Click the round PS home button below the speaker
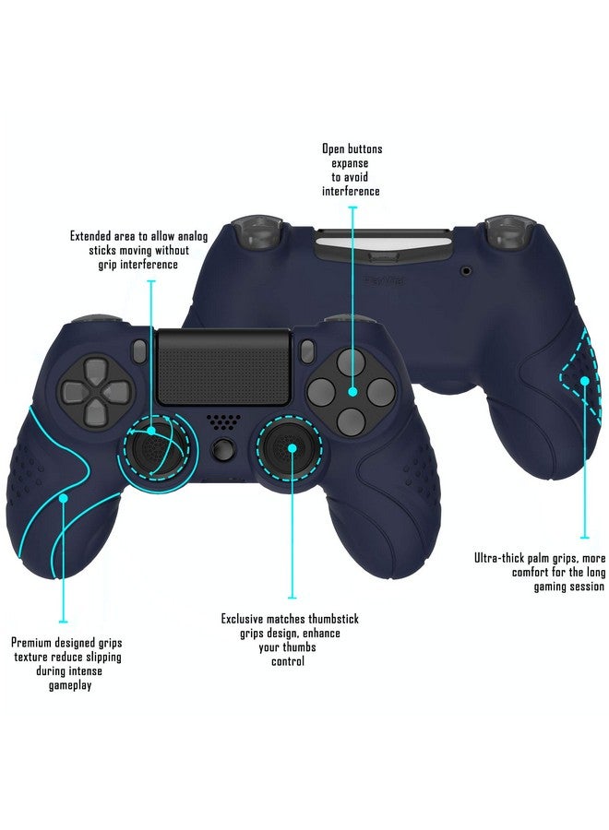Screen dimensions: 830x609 [221, 451]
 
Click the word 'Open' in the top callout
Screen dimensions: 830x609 [333, 148]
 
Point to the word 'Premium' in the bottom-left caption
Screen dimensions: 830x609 [32, 642]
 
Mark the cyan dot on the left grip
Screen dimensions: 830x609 [63, 498]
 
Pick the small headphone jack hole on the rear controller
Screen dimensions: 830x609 [466, 272]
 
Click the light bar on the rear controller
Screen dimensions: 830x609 [351, 246]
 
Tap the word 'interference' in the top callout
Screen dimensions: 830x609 [351, 191]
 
